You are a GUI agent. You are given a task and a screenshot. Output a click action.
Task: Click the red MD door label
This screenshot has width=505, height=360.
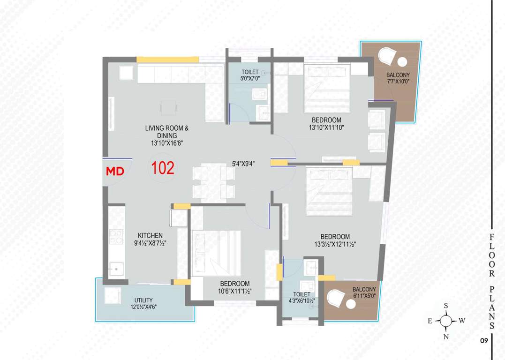(x=115, y=172)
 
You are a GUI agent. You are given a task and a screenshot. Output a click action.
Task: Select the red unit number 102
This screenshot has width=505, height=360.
(x=163, y=168)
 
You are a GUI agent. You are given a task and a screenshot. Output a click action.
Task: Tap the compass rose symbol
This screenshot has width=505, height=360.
(x=447, y=321)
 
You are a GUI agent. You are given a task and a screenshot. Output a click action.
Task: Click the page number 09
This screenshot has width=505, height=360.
(x=484, y=341)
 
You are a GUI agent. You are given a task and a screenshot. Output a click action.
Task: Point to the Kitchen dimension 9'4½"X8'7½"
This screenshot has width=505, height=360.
(x=150, y=243)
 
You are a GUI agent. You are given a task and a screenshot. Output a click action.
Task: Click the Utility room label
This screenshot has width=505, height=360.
(x=143, y=300)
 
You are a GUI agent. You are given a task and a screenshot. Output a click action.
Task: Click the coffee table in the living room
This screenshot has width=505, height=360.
(x=168, y=108)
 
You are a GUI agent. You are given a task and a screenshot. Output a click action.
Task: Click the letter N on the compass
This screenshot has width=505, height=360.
(x=446, y=337)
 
